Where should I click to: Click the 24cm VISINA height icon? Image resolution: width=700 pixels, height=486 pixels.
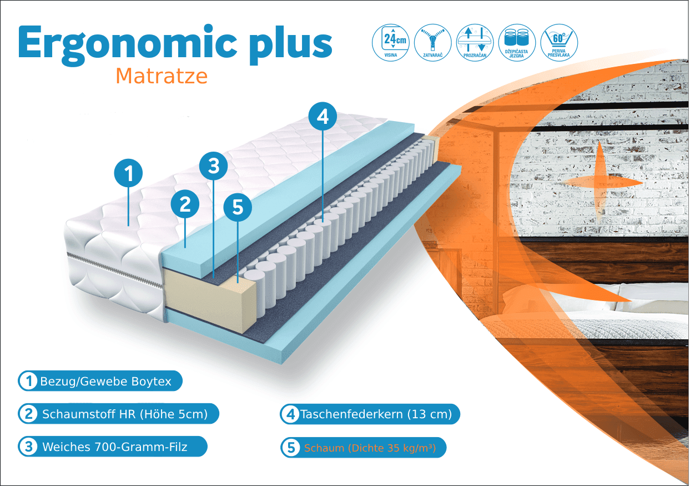point(391,43)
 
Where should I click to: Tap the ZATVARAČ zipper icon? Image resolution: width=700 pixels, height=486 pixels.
point(433,43)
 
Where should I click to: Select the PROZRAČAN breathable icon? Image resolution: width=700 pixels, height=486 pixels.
point(475,43)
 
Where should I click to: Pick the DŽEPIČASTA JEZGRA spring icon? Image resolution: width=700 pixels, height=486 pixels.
point(517,43)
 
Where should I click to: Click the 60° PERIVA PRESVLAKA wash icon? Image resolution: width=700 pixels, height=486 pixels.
point(559,43)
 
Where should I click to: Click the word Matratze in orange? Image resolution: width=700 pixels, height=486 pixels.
point(162,76)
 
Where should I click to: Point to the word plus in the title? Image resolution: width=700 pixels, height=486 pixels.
point(291,46)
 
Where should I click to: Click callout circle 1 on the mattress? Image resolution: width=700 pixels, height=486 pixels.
point(128,173)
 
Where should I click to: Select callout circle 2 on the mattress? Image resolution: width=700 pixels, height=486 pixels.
point(185,204)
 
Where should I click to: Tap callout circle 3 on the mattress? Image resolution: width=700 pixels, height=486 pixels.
point(213,166)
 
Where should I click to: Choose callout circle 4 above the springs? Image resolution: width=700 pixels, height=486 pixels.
point(323,116)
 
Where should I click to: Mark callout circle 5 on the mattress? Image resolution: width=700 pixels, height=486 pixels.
point(238,207)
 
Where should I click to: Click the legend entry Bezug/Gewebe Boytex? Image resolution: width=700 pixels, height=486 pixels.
point(100,381)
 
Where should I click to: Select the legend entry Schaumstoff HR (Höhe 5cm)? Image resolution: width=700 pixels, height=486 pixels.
point(118,414)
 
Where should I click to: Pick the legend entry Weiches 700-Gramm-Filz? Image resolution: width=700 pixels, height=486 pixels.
point(113,447)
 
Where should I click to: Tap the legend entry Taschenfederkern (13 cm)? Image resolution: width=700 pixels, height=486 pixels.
point(370,414)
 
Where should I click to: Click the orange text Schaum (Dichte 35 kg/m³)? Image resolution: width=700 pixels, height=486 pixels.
point(370,448)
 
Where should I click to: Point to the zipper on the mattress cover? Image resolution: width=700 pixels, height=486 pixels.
point(115,269)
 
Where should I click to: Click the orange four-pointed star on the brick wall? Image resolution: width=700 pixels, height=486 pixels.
point(600,182)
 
